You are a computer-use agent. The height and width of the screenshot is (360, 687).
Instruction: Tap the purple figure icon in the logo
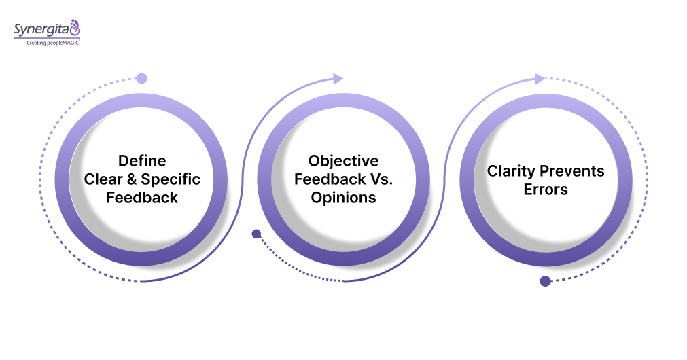75,28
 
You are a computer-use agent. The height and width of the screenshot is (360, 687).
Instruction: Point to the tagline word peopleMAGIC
63,43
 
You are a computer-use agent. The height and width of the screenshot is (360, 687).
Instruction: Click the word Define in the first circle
142,161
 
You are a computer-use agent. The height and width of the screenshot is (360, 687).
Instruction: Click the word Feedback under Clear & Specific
142,198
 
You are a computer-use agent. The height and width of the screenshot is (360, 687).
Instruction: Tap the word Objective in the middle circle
343,161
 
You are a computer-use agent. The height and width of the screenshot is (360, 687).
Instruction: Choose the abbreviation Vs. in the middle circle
375,179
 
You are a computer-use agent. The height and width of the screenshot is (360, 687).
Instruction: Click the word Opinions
343,198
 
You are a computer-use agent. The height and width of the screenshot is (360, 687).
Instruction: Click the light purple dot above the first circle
141,78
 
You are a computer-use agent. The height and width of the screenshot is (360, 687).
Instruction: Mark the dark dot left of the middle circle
256,234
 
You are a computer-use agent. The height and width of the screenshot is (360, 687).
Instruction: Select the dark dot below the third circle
545,281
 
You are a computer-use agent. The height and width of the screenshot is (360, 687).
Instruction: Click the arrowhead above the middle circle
338,79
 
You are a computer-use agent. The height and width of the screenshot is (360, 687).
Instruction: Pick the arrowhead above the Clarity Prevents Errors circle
540,79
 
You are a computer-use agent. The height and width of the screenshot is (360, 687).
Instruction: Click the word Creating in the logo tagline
37,43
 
